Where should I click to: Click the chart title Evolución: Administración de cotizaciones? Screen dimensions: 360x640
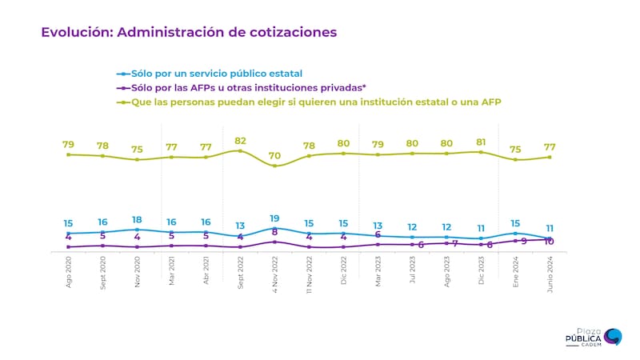click(x=189, y=32)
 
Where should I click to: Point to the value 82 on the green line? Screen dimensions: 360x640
click(x=240, y=140)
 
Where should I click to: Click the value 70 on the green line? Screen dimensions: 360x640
click(x=274, y=155)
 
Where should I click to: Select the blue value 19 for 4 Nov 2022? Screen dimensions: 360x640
click(x=274, y=218)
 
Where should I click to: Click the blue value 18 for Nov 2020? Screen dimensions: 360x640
click(x=137, y=219)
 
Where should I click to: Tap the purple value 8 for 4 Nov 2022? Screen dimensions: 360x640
click(x=274, y=232)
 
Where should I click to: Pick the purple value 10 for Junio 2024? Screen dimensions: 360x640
click(x=550, y=242)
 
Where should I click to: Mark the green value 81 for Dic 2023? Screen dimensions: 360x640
click(x=481, y=142)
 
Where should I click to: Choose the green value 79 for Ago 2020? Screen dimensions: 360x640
click(x=68, y=145)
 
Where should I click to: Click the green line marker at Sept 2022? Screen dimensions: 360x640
click(x=240, y=150)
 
